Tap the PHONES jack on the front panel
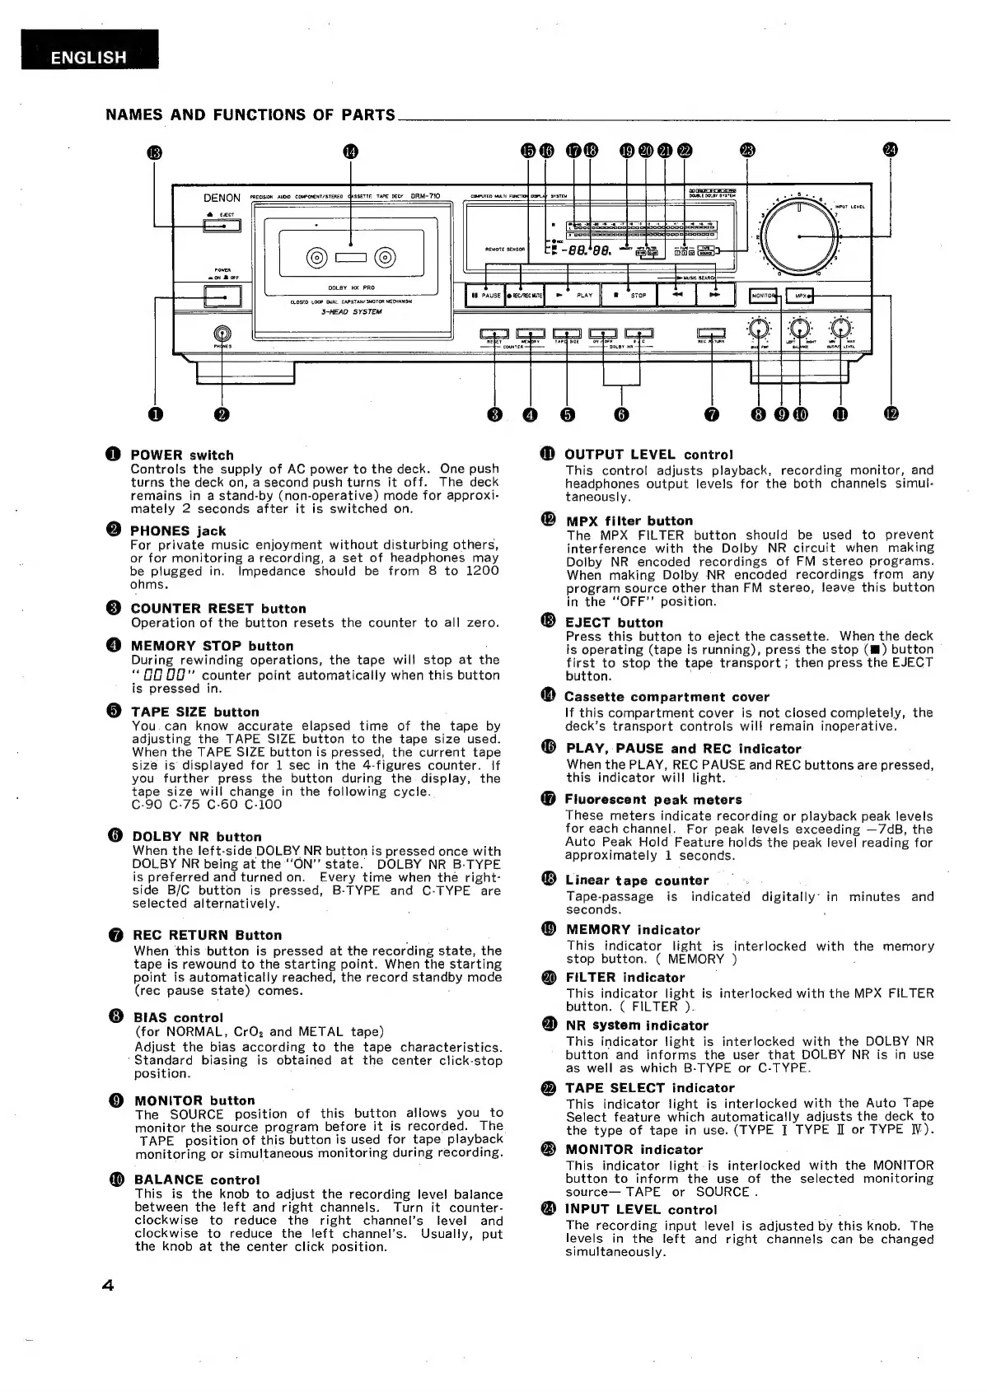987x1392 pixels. (x=221, y=334)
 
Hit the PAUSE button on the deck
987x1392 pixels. (x=485, y=295)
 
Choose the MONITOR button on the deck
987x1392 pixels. (x=764, y=296)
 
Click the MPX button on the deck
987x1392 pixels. (x=801, y=296)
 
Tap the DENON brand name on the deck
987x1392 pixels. (x=222, y=198)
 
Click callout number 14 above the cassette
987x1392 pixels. (x=351, y=151)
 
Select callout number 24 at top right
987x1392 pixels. (x=891, y=150)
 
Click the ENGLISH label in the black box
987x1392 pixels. (x=89, y=58)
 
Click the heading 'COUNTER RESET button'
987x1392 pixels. (x=218, y=609)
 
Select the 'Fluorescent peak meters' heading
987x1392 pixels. (x=653, y=799)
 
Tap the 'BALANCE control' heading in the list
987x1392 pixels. (x=197, y=1179)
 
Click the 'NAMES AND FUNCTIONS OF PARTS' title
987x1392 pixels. (x=250, y=115)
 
